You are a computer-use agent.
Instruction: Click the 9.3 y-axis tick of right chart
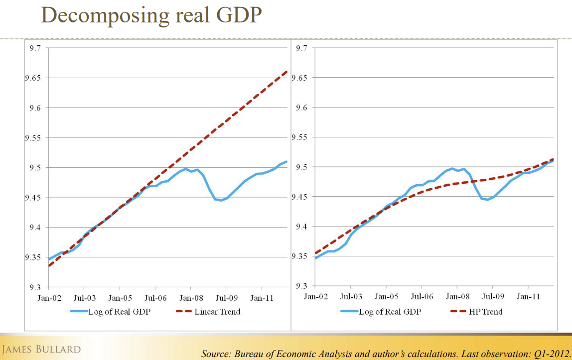pos(302,286)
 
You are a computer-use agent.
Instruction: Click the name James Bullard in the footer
pos(41,349)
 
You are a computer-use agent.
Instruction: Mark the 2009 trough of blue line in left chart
pos(221,200)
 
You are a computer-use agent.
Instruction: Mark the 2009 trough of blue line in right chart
pos(489,200)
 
